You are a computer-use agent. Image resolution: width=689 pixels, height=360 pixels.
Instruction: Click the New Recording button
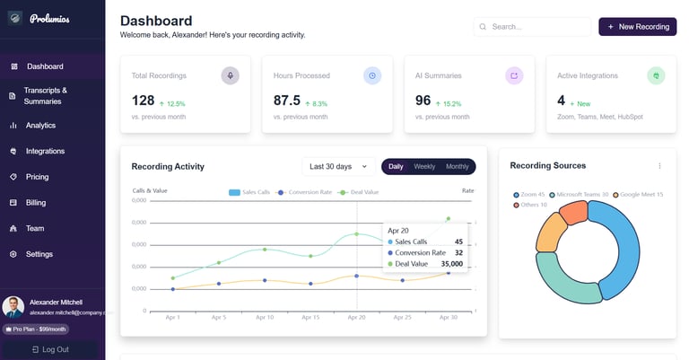pos(637,27)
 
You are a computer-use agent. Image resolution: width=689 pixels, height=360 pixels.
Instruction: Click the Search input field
pos(531,27)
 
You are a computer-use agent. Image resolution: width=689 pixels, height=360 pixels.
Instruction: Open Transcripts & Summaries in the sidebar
pos(45,96)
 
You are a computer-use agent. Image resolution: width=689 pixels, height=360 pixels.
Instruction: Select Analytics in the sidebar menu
pos(40,126)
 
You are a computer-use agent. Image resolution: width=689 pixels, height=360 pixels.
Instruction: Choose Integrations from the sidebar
pos(45,152)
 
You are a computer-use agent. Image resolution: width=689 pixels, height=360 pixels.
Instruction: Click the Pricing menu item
pos(37,177)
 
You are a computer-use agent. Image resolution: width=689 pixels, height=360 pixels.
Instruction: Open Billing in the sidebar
pos(36,203)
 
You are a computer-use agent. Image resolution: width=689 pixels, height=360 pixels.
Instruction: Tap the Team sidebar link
pos(35,229)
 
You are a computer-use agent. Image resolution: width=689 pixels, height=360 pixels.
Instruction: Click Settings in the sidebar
pos(39,254)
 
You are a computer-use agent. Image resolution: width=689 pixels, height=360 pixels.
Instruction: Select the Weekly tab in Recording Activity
pos(424,167)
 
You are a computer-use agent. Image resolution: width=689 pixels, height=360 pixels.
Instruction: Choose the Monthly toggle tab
pos(458,167)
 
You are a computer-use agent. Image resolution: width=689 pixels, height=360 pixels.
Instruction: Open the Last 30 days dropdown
pos(338,167)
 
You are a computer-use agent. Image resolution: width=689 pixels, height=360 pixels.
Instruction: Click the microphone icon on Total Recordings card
pos(231,75)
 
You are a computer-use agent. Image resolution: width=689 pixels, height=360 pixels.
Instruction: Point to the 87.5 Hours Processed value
pos(287,101)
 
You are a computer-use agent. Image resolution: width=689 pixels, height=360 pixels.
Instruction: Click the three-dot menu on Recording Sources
pos(659,166)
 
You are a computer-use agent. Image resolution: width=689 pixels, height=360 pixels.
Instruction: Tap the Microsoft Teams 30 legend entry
pos(579,195)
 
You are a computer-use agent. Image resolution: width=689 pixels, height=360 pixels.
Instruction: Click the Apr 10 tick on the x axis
pos(265,318)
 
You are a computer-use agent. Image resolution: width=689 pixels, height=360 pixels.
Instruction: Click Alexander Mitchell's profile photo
pos(13,307)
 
